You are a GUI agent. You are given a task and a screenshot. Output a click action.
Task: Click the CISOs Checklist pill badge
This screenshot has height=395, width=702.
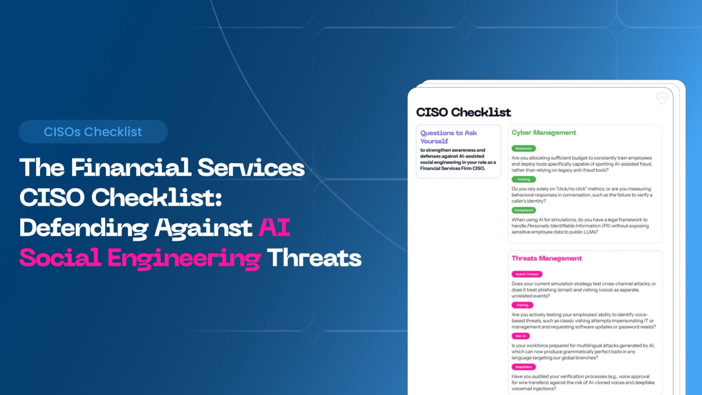93,132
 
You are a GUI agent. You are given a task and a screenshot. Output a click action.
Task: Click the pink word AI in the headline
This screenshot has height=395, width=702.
274,227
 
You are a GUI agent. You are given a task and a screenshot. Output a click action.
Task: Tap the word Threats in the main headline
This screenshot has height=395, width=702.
314,258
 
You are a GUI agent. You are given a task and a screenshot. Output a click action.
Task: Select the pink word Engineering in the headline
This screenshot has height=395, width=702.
184,259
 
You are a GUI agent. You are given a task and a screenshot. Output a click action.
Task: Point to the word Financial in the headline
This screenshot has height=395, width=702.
131,167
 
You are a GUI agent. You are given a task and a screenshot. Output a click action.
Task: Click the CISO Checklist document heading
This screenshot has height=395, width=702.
463,112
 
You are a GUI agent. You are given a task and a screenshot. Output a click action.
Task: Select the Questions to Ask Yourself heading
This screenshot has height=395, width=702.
448,137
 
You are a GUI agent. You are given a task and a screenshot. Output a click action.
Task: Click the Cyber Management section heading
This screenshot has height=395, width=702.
544,133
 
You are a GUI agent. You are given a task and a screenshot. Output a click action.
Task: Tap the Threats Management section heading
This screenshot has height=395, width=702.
546,258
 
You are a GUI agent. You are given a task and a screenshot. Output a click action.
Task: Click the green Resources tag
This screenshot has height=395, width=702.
523,149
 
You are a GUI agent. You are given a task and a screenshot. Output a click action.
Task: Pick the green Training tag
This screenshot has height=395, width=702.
523,179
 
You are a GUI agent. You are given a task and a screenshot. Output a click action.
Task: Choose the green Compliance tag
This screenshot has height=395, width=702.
523,210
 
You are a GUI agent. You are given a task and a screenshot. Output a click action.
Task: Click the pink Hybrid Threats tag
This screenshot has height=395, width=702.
526,274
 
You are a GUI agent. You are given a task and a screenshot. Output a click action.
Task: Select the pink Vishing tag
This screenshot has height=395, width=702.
522,305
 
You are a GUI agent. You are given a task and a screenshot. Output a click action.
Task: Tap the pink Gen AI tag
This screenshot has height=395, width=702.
520,336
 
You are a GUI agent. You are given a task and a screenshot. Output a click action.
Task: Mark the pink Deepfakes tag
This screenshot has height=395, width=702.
523,367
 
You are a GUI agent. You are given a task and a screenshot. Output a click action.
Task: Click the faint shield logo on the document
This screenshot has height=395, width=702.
661,98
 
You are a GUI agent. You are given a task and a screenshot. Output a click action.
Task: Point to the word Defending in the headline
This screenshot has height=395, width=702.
83,228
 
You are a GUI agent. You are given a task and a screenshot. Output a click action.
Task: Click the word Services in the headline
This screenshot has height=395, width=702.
251,167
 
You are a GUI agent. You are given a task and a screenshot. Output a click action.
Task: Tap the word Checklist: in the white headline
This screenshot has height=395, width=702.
157,198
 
